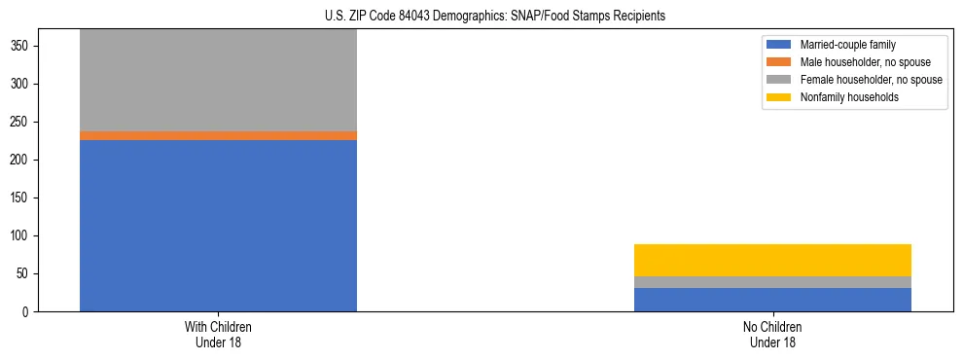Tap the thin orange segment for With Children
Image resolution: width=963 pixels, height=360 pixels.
point(218,135)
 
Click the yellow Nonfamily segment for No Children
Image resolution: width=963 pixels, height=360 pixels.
point(772,260)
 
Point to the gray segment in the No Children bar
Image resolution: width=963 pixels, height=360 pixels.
point(772,282)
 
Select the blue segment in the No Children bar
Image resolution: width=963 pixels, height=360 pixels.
point(772,300)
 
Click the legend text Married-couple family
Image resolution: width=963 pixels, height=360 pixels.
point(848,45)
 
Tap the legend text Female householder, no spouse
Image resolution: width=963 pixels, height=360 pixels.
point(871,80)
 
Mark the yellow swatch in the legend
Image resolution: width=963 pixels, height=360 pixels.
point(780,97)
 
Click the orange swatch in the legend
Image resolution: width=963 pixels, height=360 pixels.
point(780,62)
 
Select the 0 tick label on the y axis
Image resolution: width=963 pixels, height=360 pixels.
point(29,311)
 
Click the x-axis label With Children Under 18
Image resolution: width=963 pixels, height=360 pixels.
point(218,334)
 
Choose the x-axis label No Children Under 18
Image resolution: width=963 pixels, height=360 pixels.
point(772,334)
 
